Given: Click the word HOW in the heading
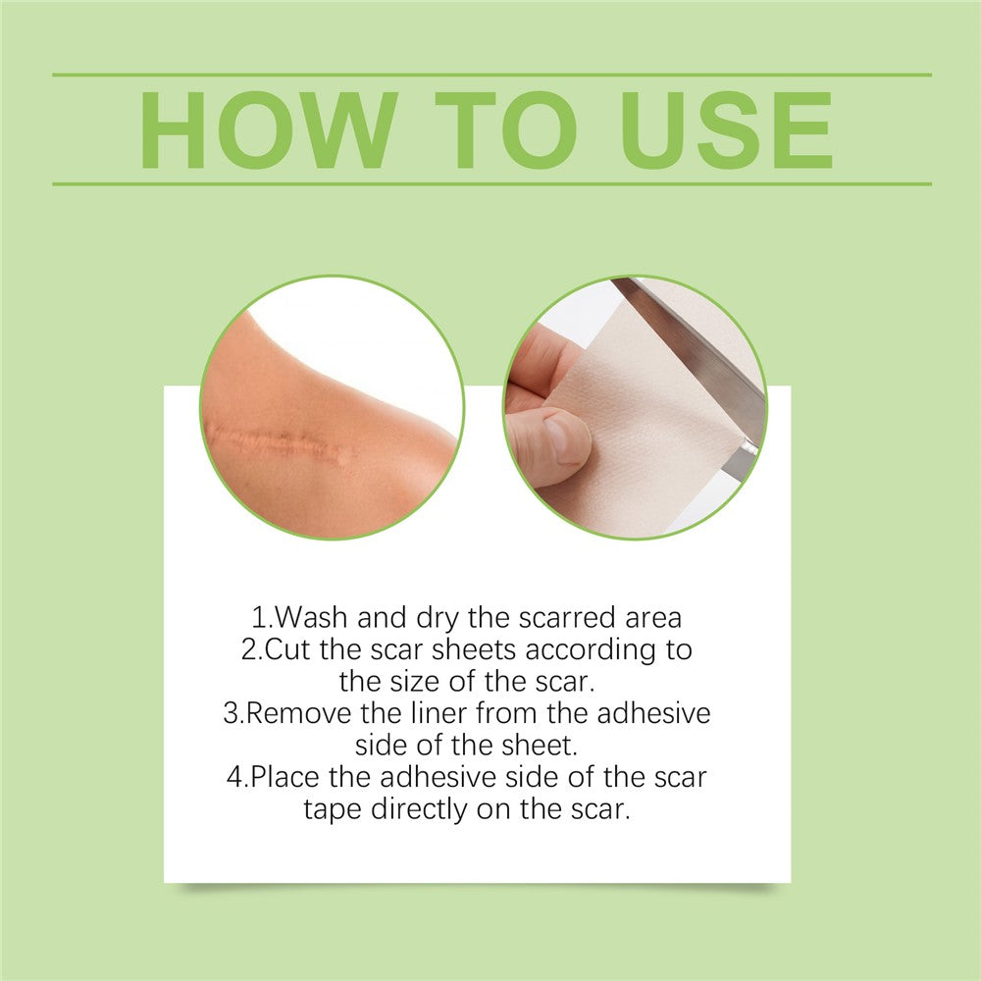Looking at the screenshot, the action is pos(269,130).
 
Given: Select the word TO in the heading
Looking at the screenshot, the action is pos(505,130).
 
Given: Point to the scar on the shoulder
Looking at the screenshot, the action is pos(282,443).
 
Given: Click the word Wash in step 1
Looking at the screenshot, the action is pos(311,617).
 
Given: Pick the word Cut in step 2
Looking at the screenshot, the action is pos(287,649).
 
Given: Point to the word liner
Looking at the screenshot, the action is pos(438,713).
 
